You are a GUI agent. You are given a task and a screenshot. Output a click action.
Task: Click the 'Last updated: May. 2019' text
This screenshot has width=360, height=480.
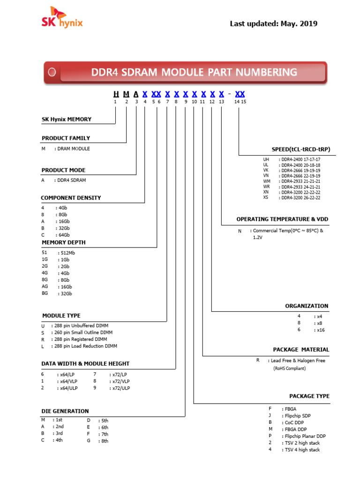coord(273,23)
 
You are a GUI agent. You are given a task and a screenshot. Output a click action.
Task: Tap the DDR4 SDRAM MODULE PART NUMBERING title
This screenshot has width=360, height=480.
coord(194,72)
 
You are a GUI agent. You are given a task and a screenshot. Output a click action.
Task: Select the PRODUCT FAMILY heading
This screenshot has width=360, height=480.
coord(66,138)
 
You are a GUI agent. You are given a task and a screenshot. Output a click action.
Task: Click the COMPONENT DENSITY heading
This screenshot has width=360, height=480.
coord(71,198)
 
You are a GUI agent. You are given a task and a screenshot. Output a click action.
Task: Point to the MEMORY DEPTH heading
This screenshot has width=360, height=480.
coord(64,242)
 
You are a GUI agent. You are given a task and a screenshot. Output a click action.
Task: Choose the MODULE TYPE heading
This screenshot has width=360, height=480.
coord(61,315)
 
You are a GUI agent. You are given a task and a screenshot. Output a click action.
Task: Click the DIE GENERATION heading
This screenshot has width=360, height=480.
coord(65,411)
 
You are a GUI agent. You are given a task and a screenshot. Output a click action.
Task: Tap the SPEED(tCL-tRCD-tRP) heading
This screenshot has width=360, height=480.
coord(298,150)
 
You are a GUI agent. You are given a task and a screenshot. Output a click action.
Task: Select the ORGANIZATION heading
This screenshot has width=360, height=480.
coord(307,306)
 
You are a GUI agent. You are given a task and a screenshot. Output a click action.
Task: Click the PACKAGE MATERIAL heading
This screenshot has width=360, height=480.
coord(301,350)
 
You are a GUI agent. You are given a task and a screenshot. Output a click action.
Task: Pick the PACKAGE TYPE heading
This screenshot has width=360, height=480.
coord(309,396)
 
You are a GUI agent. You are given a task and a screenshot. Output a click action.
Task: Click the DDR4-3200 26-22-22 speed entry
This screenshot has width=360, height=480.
coord(300,198)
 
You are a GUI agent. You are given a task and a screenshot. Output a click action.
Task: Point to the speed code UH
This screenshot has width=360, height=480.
coord(266,159)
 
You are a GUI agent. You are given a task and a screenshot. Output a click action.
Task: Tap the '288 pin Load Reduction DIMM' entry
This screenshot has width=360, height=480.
coord(87,346)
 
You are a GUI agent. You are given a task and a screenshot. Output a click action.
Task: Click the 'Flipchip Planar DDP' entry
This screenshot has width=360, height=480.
coord(305,436)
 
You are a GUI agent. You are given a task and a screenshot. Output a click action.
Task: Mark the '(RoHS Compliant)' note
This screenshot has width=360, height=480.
coord(289,368)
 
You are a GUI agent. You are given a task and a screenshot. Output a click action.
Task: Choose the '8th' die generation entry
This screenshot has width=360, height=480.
coord(104,441)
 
